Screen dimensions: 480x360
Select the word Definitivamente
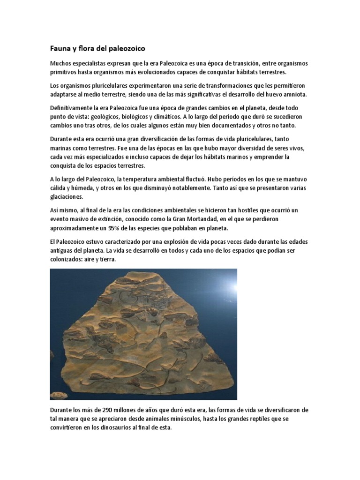pos(73,107)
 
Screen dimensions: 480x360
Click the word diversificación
pos(166,139)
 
